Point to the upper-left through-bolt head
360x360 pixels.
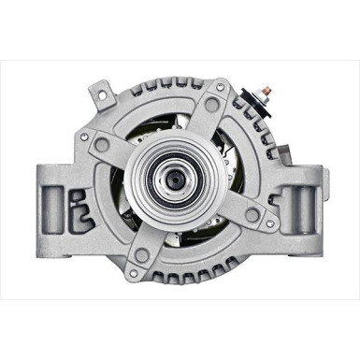pyautogui.click(x=85, y=137)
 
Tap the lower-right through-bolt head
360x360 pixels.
pyautogui.click(x=266, y=223)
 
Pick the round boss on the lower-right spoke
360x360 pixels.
pyautogui.click(x=252, y=215)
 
